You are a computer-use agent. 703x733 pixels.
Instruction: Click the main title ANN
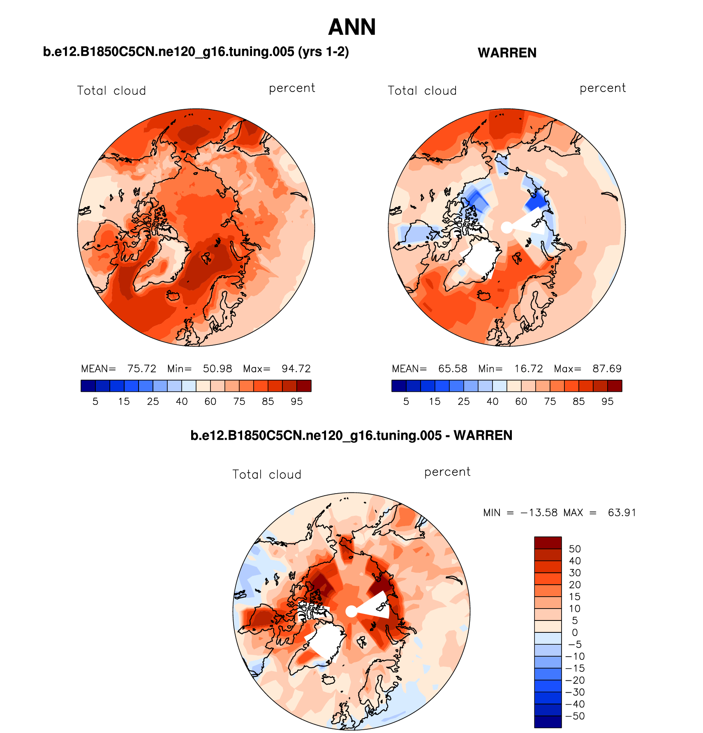(x=352, y=28)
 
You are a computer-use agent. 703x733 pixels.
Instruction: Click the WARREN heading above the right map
(x=507, y=53)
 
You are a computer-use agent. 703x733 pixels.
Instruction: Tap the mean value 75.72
(x=142, y=369)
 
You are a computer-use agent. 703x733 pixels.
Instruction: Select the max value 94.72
(x=296, y=369)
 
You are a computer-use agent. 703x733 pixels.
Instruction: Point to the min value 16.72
(x=528, y=369)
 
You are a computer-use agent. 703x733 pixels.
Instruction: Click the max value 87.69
(x=607, y=369)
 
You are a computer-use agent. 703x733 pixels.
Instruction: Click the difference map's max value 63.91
(x=622, y=513)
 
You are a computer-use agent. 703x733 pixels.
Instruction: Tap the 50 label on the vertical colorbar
(x=575, y=549)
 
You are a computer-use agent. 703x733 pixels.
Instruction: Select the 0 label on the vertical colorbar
(x=575, y=632)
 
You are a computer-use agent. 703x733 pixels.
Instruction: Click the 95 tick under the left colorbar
(x=297, y=402)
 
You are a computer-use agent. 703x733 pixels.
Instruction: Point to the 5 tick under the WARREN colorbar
(x=406, y=402)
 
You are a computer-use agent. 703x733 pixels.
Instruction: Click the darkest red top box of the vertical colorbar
(x=548, y=542)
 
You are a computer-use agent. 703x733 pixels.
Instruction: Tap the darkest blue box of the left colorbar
(x=88, y=386)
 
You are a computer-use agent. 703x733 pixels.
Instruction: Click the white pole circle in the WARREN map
(x=507, y=227)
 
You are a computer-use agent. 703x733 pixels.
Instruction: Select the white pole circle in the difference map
(x=351, y=611)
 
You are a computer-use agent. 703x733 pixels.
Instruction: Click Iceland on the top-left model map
(x=173, y=296)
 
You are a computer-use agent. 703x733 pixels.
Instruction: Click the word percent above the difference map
(x=447, y=472)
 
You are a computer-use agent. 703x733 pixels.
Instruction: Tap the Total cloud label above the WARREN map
(x=422, y=91)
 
